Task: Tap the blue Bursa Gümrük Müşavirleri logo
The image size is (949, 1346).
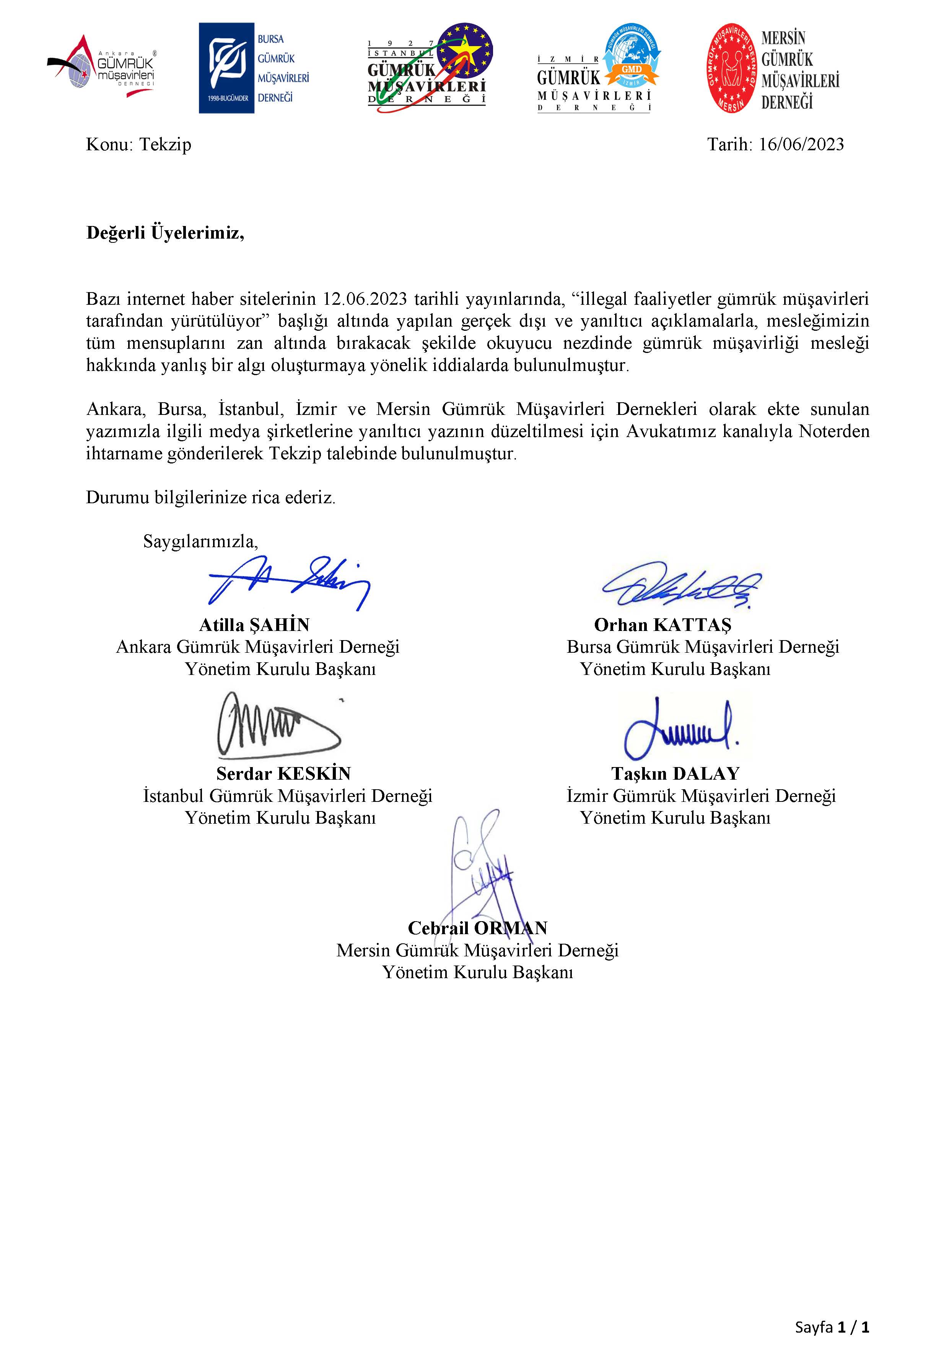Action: (253, 68)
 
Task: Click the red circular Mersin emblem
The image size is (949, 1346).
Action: (730, 68)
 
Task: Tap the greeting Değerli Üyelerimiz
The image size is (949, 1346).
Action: (165, 233)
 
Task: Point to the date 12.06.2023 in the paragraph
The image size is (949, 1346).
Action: (365, 299)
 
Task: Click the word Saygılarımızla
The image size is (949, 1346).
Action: (200, 541)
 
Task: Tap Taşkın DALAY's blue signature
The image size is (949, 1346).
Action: (680, 727)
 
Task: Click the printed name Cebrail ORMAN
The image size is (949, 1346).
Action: (477, 928)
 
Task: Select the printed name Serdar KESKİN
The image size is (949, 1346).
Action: (283, 774)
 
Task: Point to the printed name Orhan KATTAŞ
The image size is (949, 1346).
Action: (663, 625)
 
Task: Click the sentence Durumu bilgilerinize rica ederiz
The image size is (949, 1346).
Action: (210, 498)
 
